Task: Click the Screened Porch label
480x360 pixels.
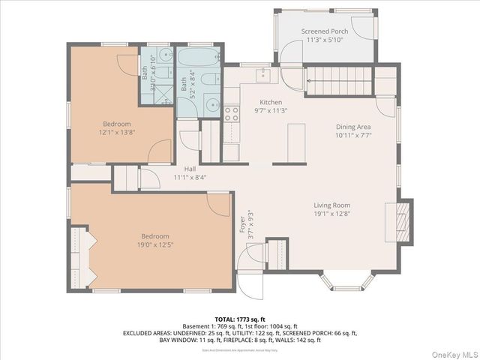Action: [325, 31]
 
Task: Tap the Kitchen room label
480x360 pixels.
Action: [271, 102]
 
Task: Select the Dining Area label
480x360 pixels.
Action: [352, 127]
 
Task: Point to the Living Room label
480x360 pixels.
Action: [331, 205]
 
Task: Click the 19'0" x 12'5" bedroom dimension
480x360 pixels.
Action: [155, 244]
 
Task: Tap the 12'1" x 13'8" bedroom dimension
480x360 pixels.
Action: [116, 132]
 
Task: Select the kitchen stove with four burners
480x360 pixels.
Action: [232, 114]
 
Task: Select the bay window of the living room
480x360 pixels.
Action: [347, 282]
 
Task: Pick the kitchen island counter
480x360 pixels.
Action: [298, 142]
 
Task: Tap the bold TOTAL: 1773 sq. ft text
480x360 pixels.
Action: [239, 319]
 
